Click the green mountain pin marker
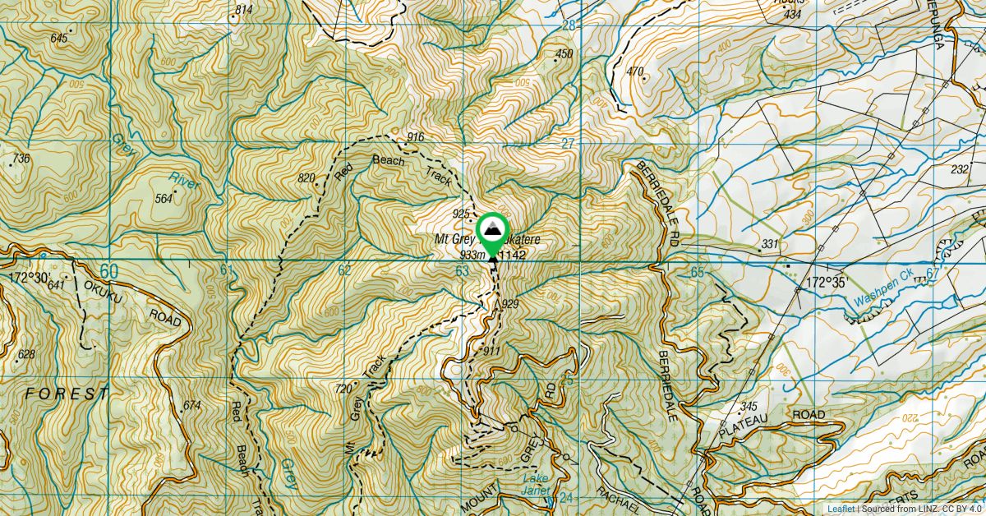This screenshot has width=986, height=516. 491,232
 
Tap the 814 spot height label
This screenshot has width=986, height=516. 243,10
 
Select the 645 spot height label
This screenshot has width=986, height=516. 58,38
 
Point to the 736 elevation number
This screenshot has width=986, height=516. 21,158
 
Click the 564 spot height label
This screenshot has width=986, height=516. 164,198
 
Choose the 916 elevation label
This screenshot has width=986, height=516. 415,136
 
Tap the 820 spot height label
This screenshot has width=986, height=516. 306,177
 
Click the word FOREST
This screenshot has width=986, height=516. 67,394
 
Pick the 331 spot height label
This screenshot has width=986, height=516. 769,244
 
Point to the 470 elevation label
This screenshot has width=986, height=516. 635,71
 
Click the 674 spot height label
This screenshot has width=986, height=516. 192,405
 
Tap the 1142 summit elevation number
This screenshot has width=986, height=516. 512,256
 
